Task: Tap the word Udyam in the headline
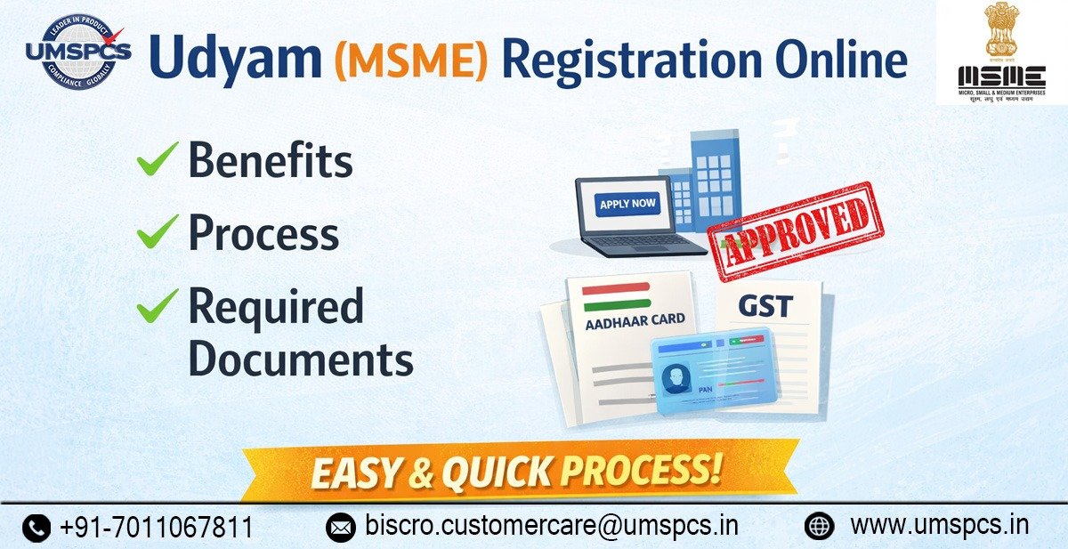pos(234,59)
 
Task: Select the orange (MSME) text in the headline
pos(411,61)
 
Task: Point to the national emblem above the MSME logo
pos(1000,31)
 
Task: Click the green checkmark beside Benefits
pos(158,162)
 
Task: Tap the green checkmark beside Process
pos(158,235)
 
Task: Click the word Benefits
pos(271,161)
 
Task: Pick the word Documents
pos(301,359)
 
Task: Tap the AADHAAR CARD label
pos(635,319)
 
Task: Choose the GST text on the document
pos(765,306)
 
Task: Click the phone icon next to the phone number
pos(36,528)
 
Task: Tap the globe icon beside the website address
pos(819,526)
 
